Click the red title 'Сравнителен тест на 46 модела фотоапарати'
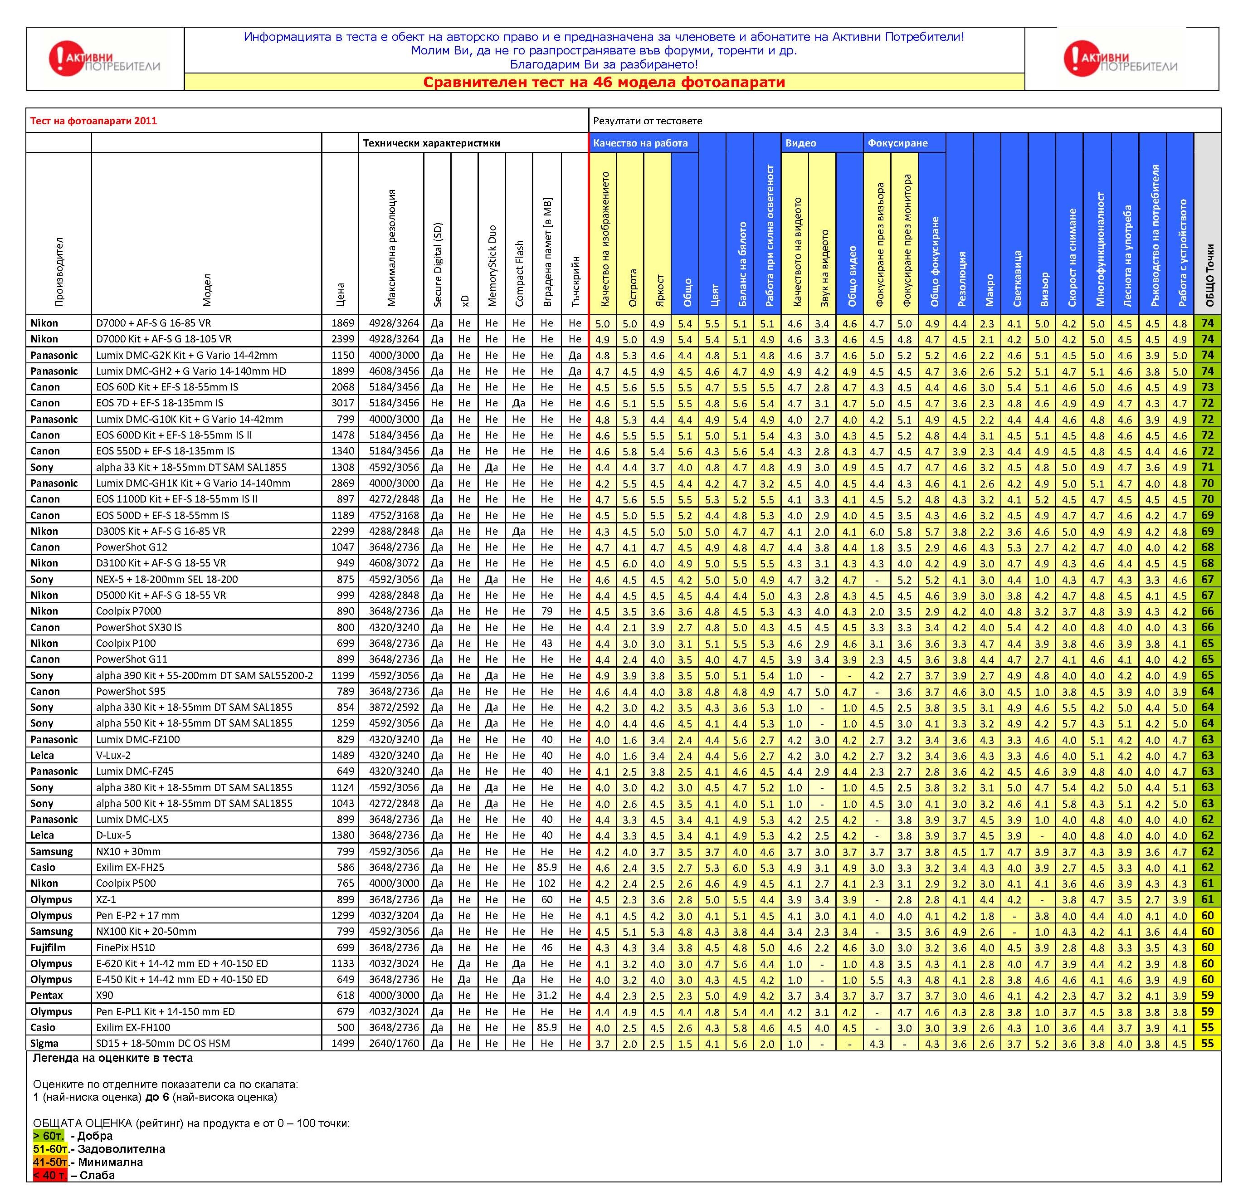tap(604, 82)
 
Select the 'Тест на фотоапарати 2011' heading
tap(93, 121)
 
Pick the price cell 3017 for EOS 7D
tap(342, 403)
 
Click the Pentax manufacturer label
tap(46, 995)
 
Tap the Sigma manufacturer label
tap(44, 1043)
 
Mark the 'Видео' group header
tap(800, 143)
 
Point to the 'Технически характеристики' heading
tap(431, 143)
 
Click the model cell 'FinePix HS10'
tap(126, 947)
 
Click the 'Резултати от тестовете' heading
tap(648, 121)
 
